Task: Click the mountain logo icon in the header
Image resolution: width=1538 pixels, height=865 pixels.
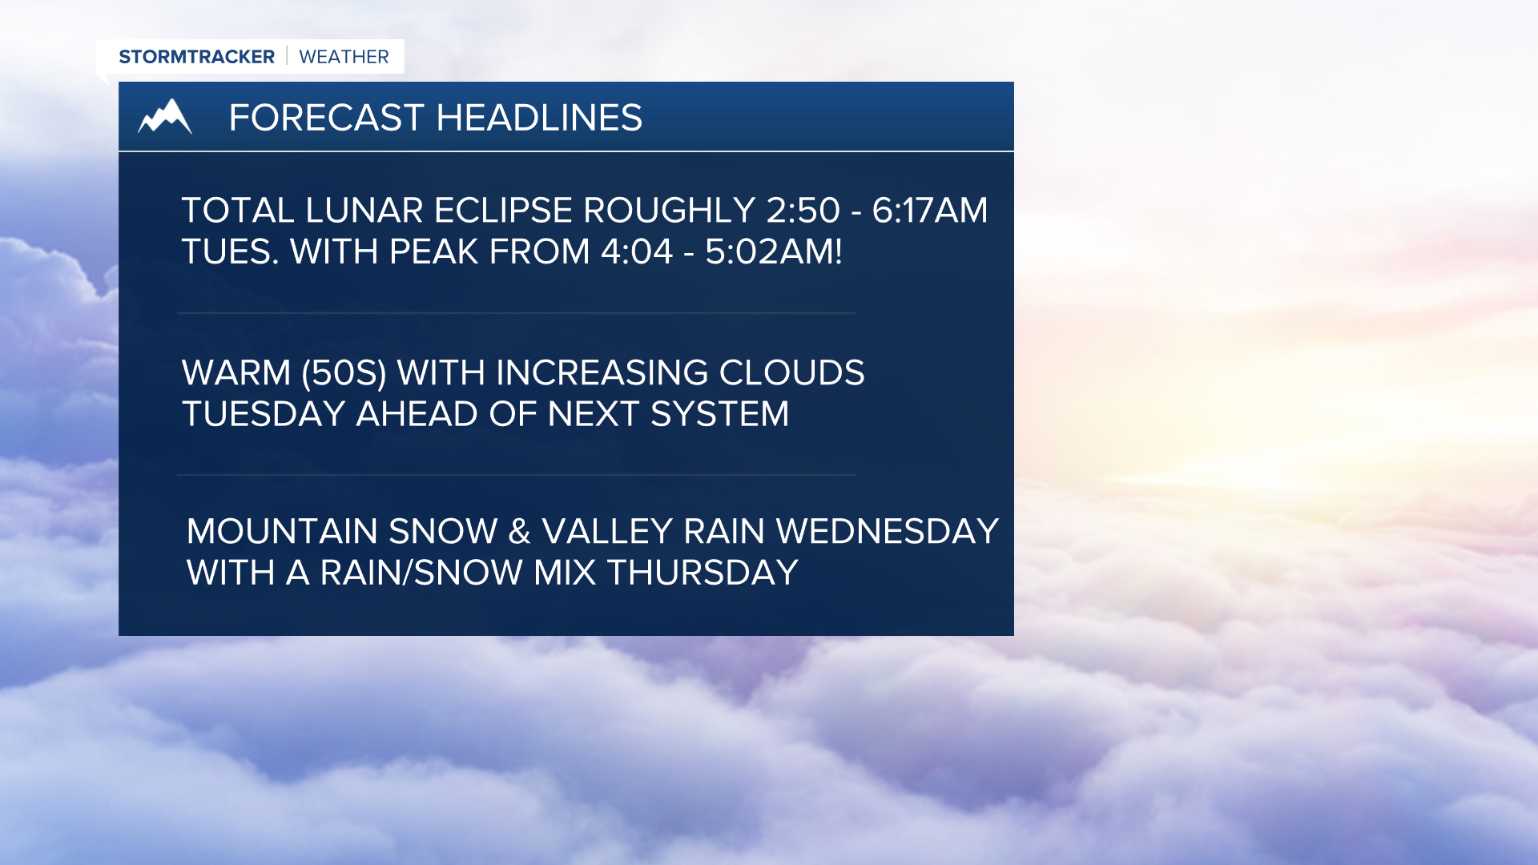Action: pos(165,117)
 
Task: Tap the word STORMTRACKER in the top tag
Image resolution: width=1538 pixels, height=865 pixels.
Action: pos(196,57)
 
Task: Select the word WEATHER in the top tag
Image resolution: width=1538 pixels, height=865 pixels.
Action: pos(344,57)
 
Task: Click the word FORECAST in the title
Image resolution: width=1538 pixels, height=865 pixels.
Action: pos(326,118)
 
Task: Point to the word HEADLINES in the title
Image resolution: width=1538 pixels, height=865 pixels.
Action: pos(539,118)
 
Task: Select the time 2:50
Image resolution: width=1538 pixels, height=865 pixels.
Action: pos(803,211)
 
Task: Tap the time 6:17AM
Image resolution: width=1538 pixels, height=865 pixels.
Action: pos(929,211)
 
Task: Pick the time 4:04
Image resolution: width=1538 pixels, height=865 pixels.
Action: pos(636,252)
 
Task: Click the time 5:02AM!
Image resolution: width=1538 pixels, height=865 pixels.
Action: pos(773,252)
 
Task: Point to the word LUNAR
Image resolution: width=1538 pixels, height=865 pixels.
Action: pos(364,211)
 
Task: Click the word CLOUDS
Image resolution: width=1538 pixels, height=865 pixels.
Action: pos(791,373)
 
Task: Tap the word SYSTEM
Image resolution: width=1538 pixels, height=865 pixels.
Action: pos(719,414)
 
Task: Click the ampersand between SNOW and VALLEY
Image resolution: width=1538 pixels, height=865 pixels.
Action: pos(519,532)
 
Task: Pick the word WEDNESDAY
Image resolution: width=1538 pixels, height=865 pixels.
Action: pos(887,532)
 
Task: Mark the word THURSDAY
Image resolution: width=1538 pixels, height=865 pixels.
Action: pos(703,573)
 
